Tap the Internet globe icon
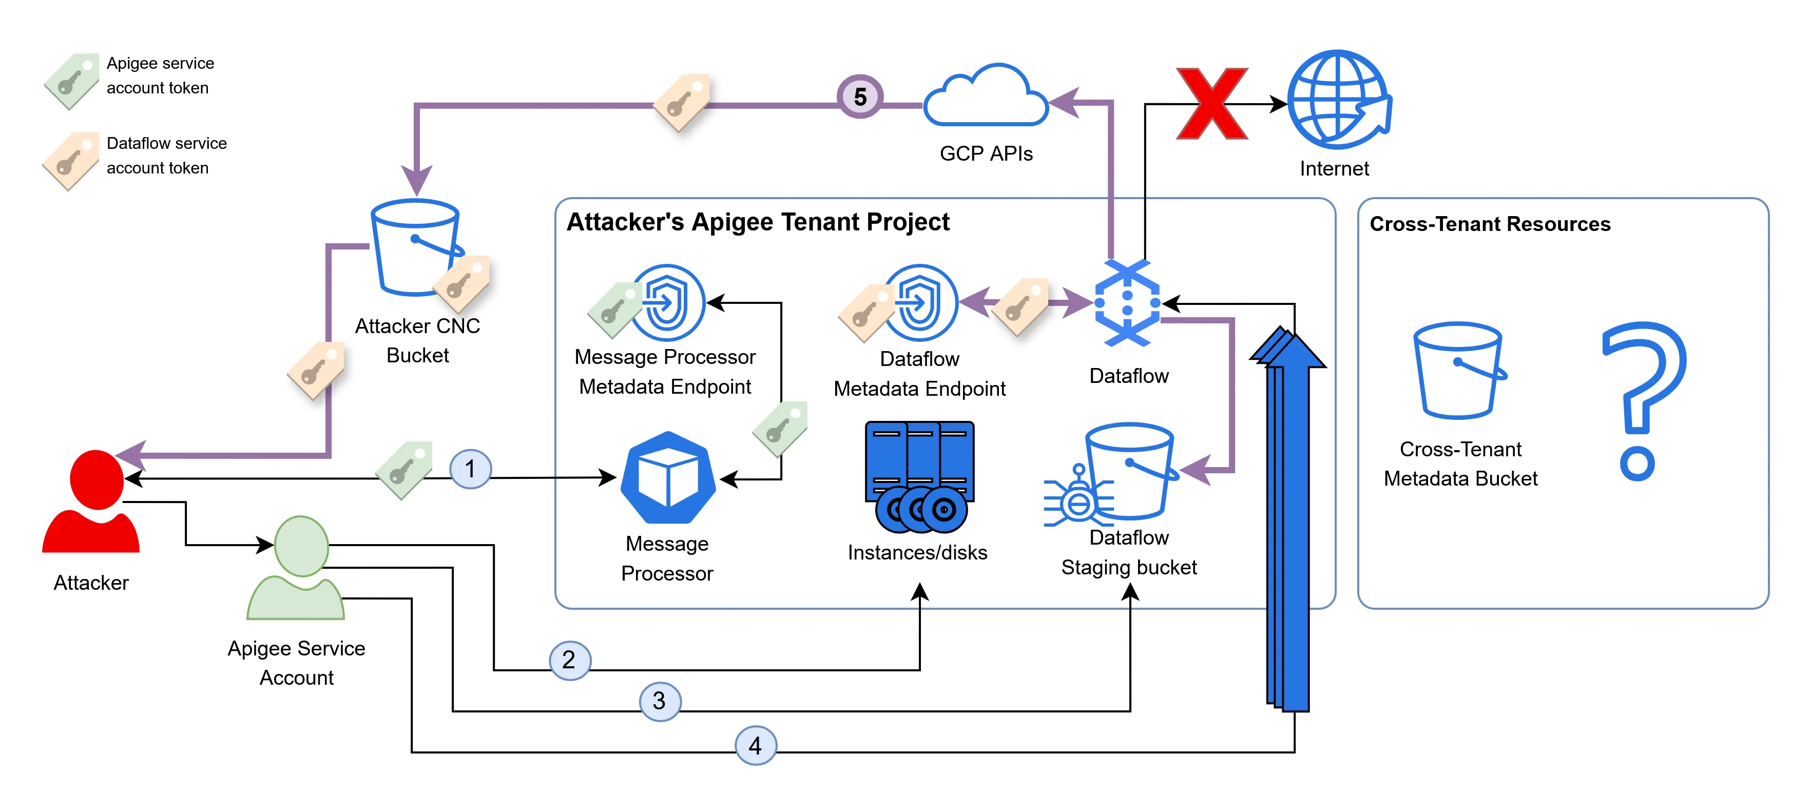click(x=1338, y=100)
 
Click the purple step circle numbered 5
click(x=859, y=96)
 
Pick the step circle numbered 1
click(x=470, y=469)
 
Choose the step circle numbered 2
click(x=569, y=660)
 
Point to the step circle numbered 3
click(x=660, y=701)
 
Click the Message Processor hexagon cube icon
click(x=667, y=478)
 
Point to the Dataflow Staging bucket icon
click(x=1129, y=471)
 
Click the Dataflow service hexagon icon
click(x=1127, y=303)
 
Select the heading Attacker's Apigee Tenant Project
click(x=757, y=222)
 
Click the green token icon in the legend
click(x=71, y=80)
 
